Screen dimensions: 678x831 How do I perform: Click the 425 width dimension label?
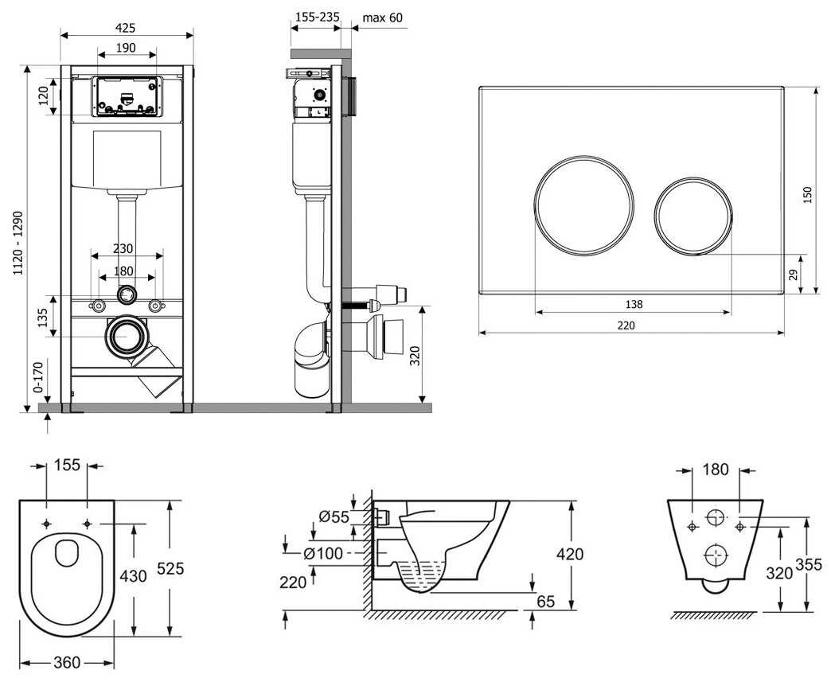pos(126,25)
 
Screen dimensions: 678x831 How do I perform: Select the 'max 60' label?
pos(383,18)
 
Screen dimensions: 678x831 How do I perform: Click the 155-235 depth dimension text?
pos(315,18)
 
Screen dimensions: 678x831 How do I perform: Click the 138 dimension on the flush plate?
pos(634,303)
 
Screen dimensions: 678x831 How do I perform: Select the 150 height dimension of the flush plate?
pos(808,193)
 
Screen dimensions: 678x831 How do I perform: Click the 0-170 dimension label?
pos(37,380)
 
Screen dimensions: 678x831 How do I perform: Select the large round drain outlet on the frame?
pos(125,337)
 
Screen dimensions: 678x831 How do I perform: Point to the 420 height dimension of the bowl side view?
pos(571,554)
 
